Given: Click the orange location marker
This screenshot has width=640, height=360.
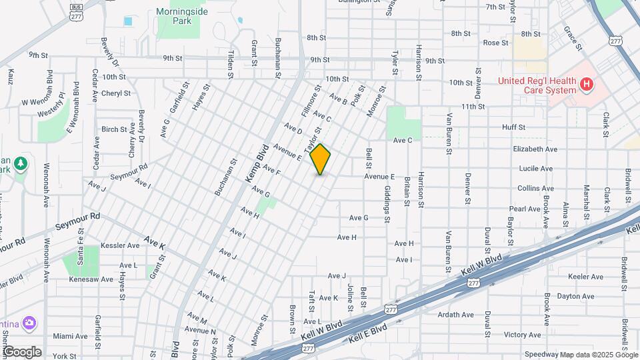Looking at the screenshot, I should [x=321, y=159].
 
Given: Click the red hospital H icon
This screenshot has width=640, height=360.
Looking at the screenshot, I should [x=587, y=84].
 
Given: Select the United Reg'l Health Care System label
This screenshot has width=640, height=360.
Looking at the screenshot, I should [x=537, y=85].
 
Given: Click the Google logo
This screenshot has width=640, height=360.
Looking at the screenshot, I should [x=21, y=352].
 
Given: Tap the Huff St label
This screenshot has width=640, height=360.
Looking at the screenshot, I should [x=514, y=127].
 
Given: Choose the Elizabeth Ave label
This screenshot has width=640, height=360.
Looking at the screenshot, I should [x=535, y=149].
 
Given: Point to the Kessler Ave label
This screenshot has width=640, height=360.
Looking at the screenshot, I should [x=120, y=245].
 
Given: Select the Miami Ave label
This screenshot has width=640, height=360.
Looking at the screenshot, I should [x=70, y=336].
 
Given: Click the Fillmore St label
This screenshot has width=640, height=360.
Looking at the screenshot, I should [x=312, y=97].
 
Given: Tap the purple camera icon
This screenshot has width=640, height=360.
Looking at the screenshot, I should [x=29, y=324].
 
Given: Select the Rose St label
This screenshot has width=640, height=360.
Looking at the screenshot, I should [x=496, y=43].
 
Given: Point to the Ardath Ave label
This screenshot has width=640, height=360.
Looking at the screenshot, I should [x=456, y=315].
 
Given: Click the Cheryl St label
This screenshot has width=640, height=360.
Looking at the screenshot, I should [x=116, y=93].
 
